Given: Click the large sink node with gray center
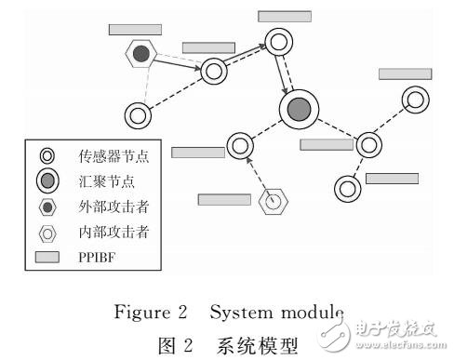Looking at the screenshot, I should click(298, 110).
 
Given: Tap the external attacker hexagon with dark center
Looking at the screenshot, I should click(140, 55).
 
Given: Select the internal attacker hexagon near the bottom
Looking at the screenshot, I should click(274, 201).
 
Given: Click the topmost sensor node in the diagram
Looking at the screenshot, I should click(278, 40).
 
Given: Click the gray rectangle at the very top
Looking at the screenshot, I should click(285, 16).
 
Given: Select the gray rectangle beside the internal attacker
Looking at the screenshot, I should click(224, 199).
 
